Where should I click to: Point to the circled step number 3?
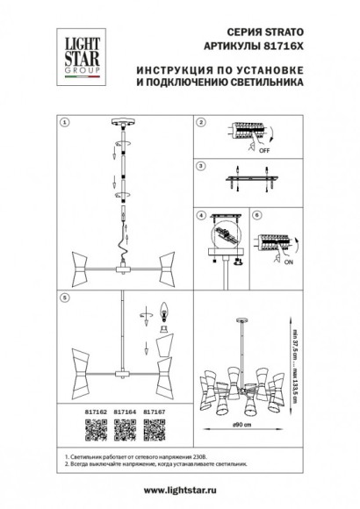point(200,164)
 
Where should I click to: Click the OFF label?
point(261,151)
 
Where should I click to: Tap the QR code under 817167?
point(155,424)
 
